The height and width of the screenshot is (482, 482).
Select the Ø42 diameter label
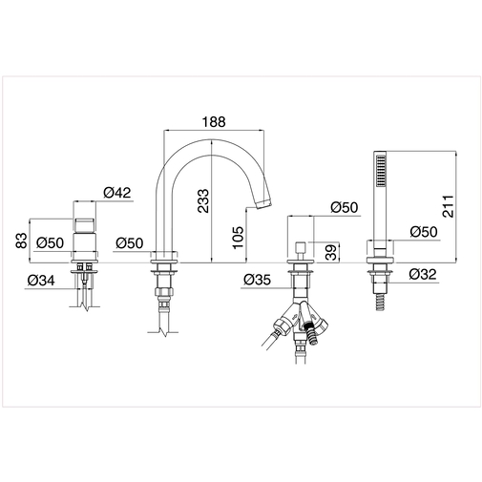tap(116, 193)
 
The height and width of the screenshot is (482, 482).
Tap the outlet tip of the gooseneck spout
tap(262, 201)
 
